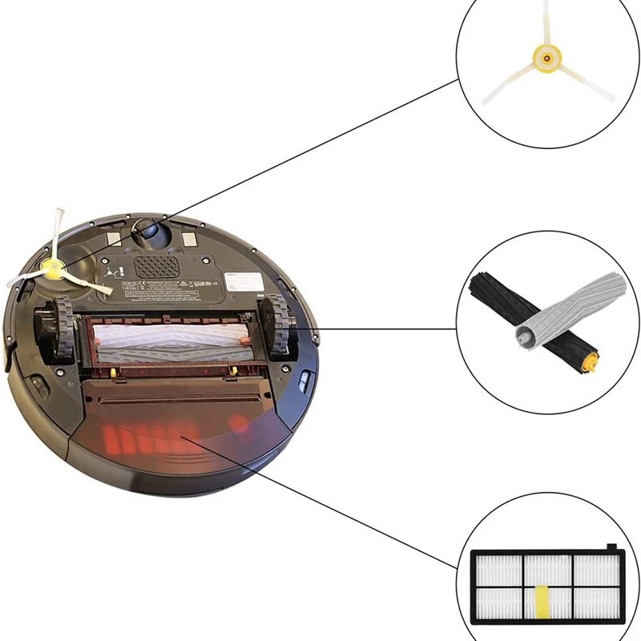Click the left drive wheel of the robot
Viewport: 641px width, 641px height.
[x=58, y=328]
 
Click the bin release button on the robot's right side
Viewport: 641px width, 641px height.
[x=304, y=381]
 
